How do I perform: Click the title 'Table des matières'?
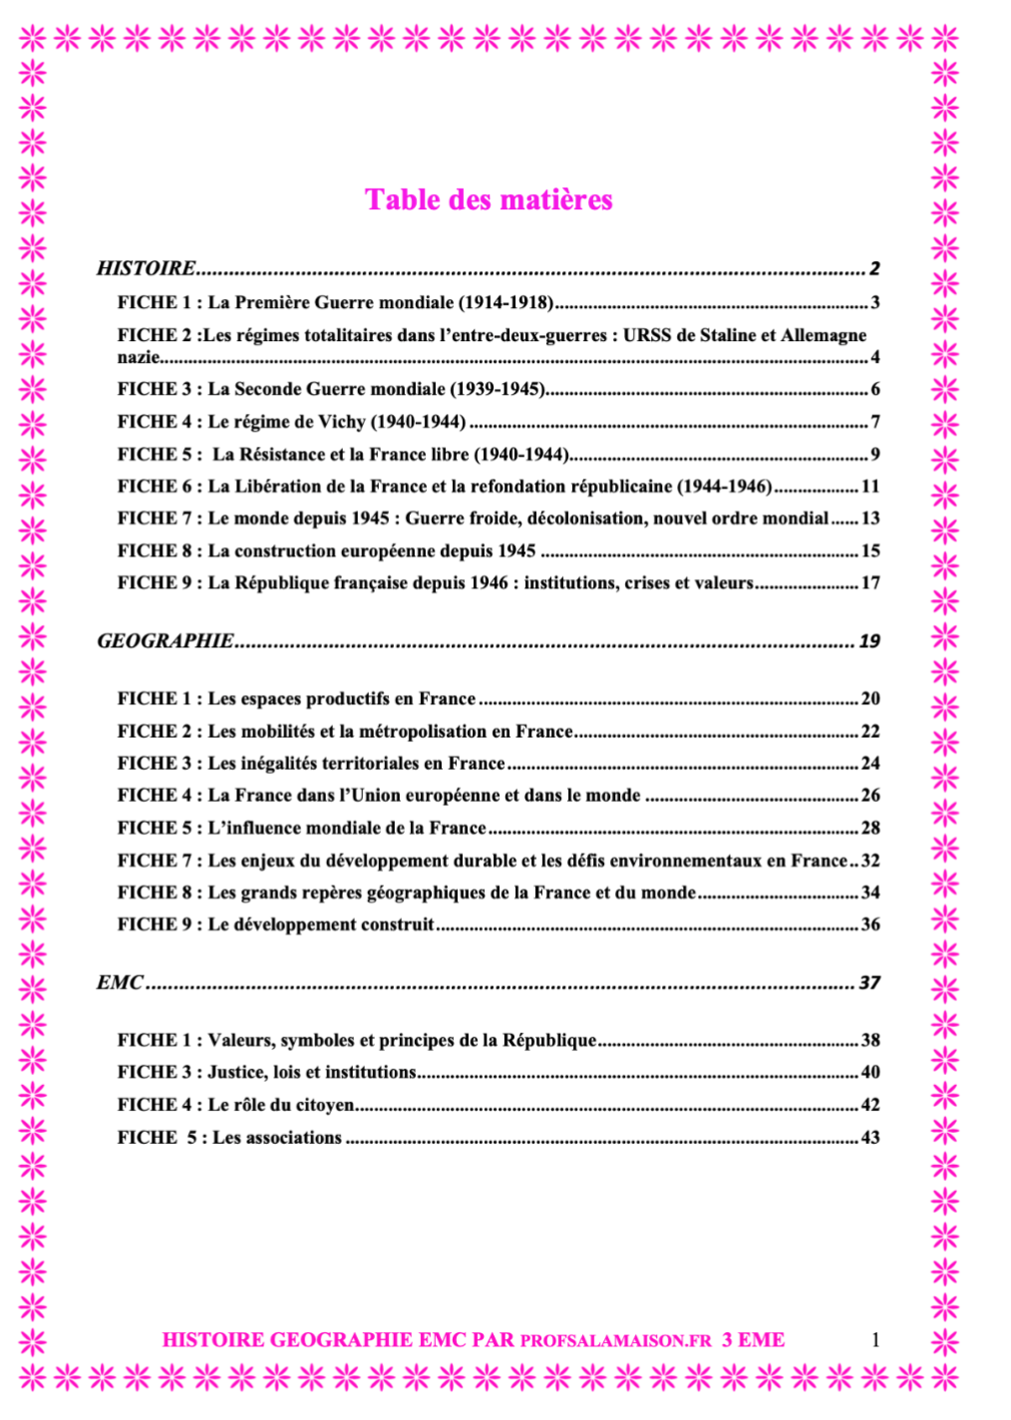tap(489, 199)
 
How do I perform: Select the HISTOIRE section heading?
tap(147, 267)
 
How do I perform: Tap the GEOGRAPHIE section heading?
tap(166, 640)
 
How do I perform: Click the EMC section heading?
tap(121, 982)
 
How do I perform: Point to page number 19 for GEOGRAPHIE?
tap(869, 640)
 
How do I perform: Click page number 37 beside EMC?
tap(869, 982)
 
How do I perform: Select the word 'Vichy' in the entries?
tap(342, 422)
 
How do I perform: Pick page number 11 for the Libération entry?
tap(870, 486)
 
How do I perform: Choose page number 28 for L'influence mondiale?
tap(870, 828)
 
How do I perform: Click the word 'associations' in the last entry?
tap(295, 1137)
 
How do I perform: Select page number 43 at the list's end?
tap(870, 1137)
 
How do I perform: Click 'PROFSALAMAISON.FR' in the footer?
tap(616, 1341)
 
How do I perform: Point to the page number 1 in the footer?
tap(875, 1340)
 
